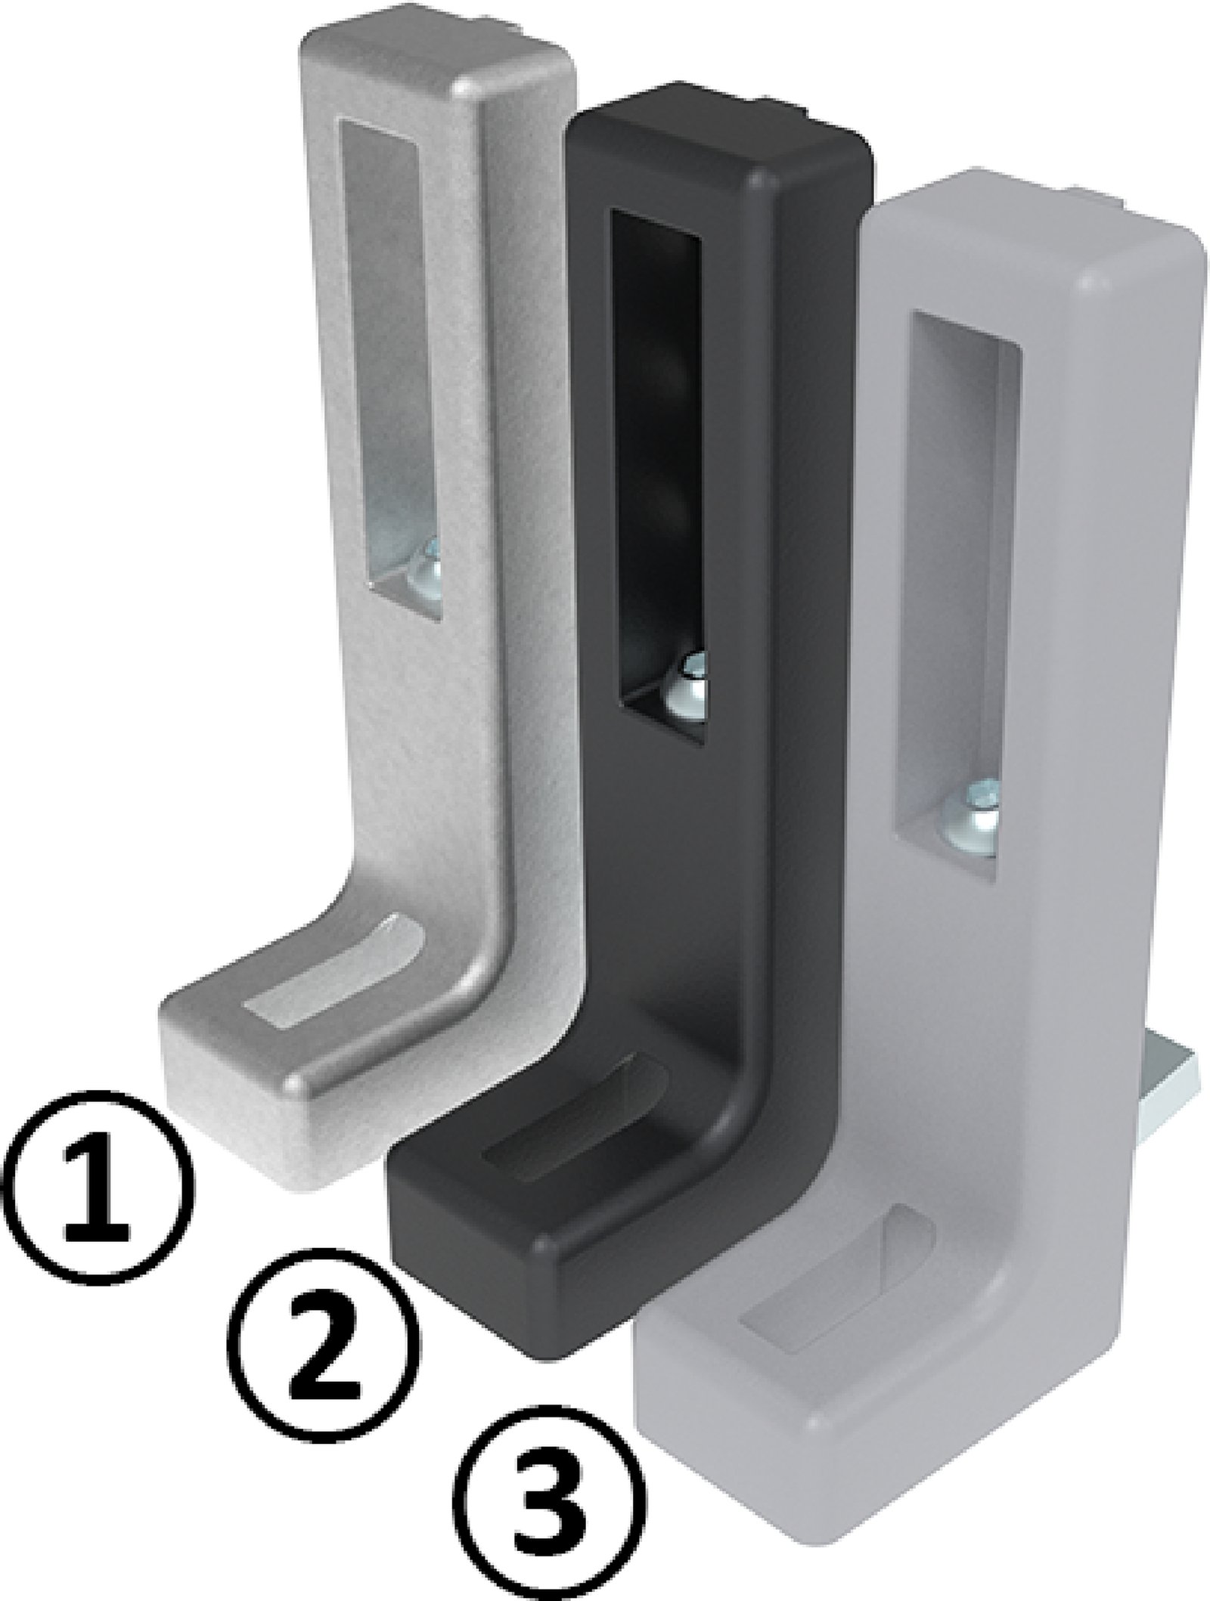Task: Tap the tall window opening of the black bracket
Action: tap(656, 454)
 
